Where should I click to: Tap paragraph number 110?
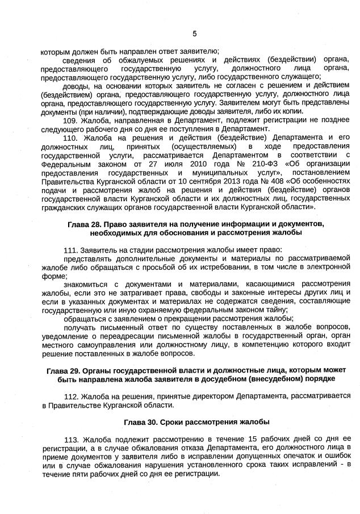point(72,137)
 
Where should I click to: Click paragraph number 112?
point(72,395)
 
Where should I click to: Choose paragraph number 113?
point(72,439)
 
